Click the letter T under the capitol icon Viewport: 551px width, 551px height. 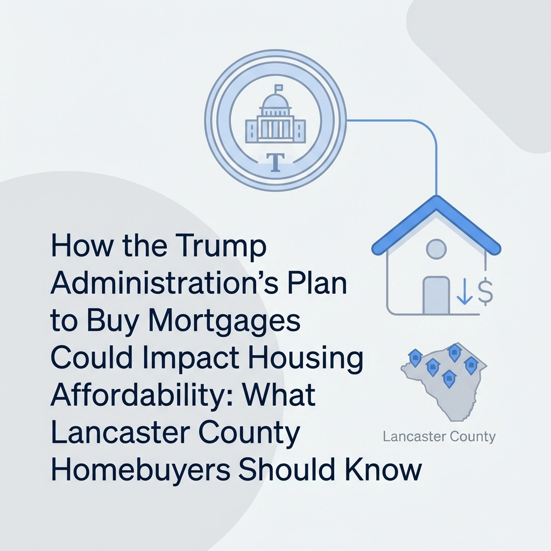[275, 163]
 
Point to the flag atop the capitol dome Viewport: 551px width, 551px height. [278, 88]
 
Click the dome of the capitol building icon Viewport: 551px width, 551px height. [275, 102]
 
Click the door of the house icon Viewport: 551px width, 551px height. [436, 294]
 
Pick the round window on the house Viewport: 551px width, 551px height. [436, 249]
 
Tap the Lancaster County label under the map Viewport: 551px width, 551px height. [439, 436]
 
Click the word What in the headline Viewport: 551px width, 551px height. [285, 396]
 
